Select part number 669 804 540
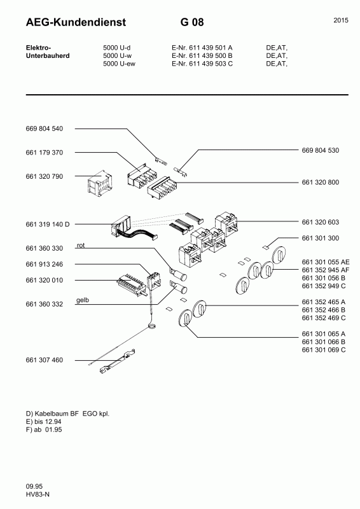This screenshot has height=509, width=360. point(45,129)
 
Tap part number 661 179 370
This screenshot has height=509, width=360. point(45,153)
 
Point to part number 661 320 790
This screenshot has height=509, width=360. point(45,176)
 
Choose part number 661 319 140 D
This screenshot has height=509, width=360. point(48,225)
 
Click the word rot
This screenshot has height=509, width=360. point(80,245)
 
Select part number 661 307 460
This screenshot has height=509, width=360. point(45,360)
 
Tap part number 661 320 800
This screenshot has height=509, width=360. point(320,182)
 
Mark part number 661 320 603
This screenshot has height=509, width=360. point(320,222)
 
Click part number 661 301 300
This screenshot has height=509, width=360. point(320,238)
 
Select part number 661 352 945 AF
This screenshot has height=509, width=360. point(325,270)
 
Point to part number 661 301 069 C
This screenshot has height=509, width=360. point(323,350)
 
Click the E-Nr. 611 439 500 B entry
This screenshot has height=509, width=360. point(202,56)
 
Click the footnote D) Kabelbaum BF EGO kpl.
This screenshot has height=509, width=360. point(64,414)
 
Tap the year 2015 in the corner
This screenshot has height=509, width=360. point(341,21)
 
